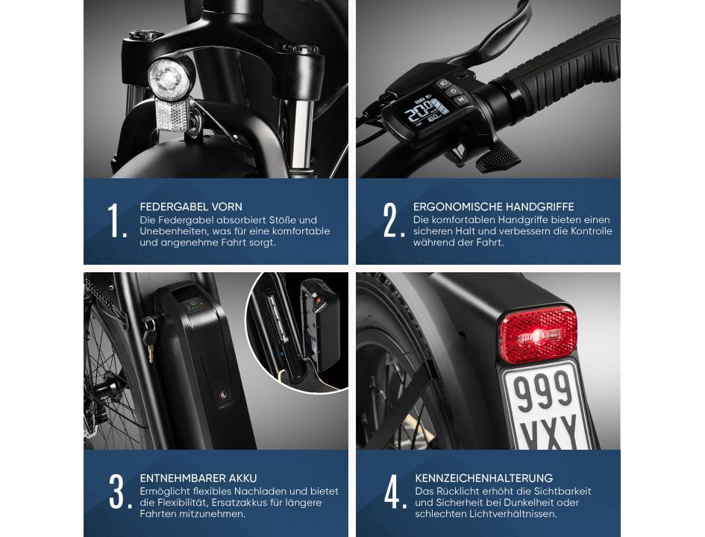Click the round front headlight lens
[169, 79]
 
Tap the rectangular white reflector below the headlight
[172, 115]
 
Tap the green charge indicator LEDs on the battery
[195, 308]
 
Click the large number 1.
[117, 220]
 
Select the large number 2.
[393, 220]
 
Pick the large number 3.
[119, 492]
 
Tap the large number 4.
[395, 492]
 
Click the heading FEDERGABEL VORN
[191, 207]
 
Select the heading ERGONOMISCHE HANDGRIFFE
[494, 207]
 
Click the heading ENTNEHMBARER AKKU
[198, 478]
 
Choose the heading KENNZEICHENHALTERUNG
[483, 478]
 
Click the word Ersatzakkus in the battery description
[240, 503]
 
